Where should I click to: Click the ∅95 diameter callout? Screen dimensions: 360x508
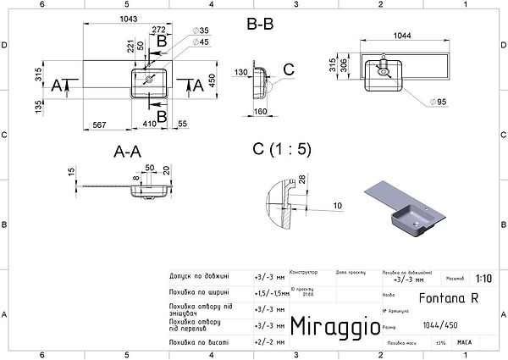tap(439, 102)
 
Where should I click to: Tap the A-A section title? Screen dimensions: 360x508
tap(126, 151)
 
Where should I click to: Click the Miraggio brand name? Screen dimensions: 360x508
tap(329, 326)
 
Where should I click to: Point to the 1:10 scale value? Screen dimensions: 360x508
tap(483, 278)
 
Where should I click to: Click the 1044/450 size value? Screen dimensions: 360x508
tap(436, 325)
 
